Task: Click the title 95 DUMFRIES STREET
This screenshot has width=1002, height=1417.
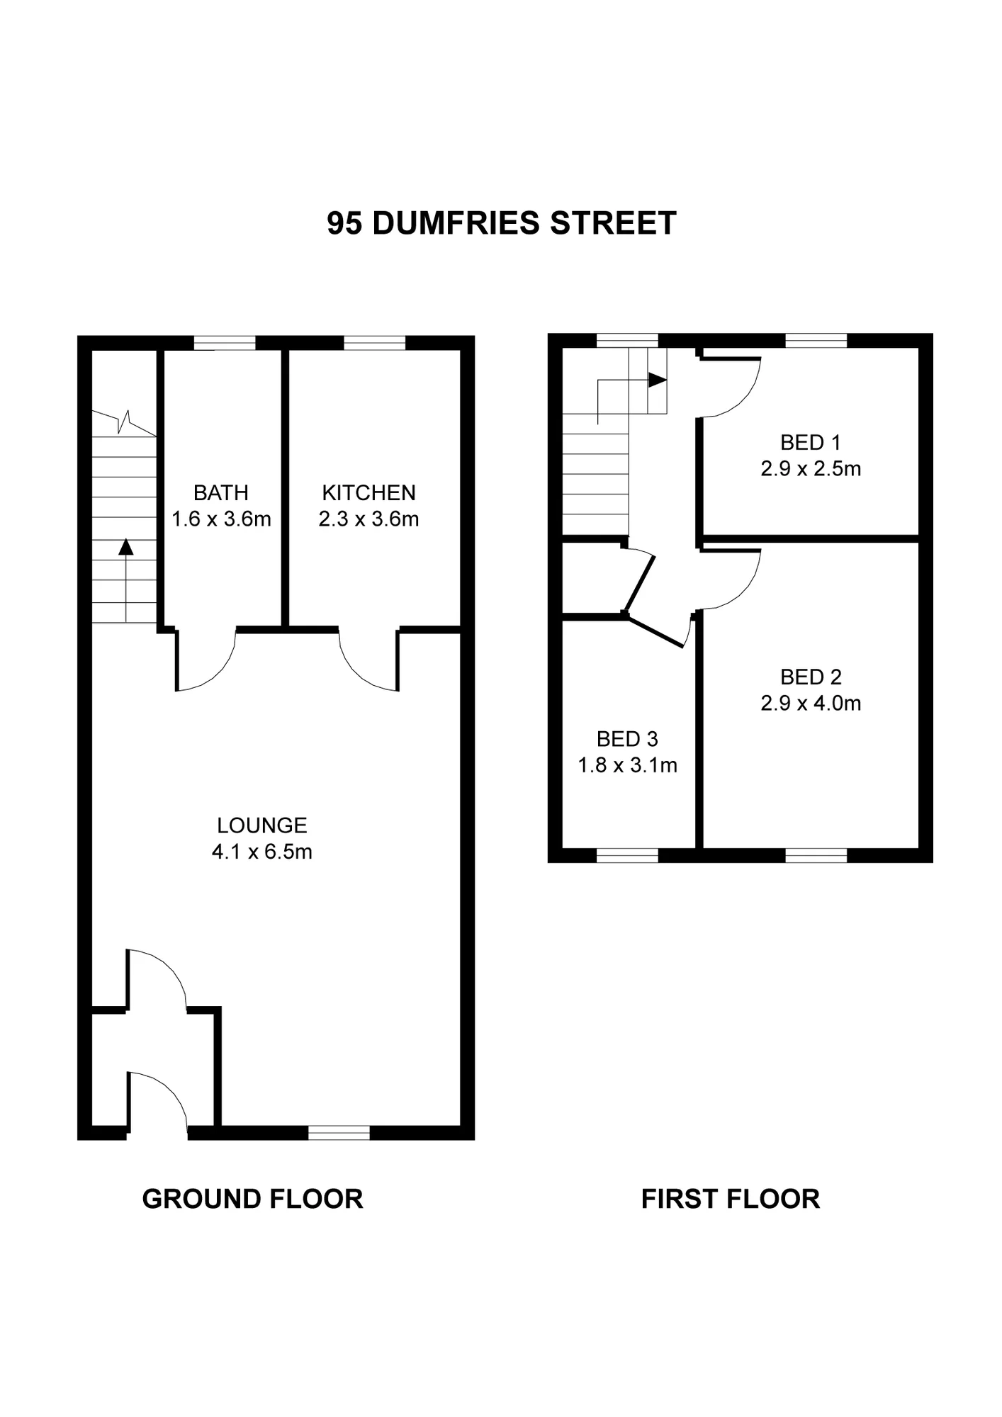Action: [x=501, y=223]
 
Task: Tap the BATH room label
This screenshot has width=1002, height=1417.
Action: [x=220, y=492]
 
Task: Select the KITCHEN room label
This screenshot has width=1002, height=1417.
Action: [x=368, y=492]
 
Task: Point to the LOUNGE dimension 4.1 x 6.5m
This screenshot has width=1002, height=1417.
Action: [x=261, y=852]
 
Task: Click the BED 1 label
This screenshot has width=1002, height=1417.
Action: [x=810, y=443]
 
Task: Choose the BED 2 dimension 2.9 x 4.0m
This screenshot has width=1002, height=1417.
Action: [x=811, y=704]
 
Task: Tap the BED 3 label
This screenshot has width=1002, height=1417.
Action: [x=627, y=740]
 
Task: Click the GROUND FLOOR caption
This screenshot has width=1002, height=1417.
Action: [x=252, y=1199]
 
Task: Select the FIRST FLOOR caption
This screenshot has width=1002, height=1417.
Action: [x=730, y=1199]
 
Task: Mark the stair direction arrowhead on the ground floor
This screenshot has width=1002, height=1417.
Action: [x=126, y=546]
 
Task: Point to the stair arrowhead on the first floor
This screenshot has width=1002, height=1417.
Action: [x=658, y=380]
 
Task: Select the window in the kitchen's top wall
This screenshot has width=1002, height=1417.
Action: [x=375, y=343]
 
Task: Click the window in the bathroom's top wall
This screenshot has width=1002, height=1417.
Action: [x=225, y=343]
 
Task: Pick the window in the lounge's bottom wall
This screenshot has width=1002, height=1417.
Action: [x=339, y=1132]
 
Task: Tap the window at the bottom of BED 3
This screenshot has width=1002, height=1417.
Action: [x=627, y=855]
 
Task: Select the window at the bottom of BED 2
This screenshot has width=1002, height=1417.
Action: [x=816, y=855]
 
